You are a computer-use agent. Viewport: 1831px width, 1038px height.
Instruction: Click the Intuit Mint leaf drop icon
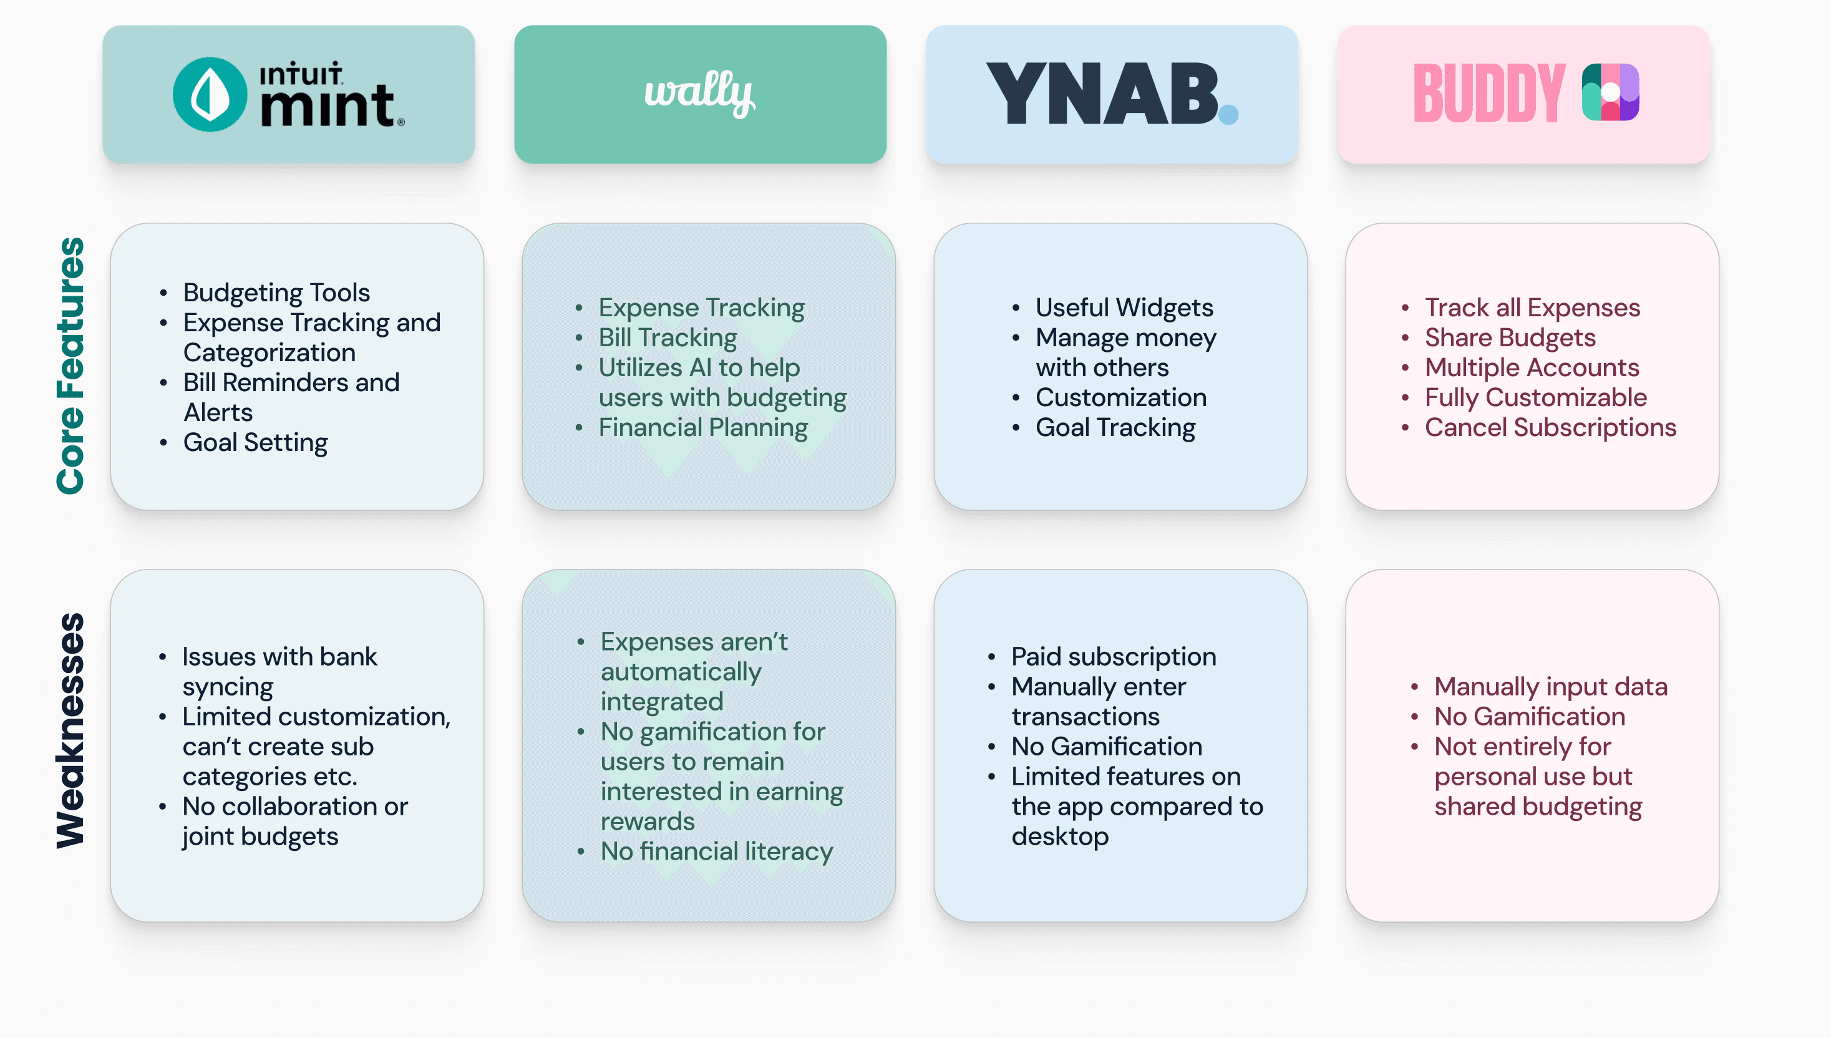point(210,94)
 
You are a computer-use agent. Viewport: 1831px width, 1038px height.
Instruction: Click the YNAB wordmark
point(1101,94)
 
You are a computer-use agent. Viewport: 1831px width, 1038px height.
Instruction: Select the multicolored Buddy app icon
point(1610,93)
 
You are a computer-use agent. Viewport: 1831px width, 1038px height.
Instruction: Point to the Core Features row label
point(70,365)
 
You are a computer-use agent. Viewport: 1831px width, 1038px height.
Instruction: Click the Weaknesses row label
point(70,730)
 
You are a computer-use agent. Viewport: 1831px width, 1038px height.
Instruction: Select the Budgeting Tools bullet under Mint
point(276,293)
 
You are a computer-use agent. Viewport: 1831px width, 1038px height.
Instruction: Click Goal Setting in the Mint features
point(255,442)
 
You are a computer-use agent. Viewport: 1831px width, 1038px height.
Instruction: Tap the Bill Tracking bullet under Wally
point(667,337)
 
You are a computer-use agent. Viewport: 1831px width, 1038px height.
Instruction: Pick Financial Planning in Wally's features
point(702,427)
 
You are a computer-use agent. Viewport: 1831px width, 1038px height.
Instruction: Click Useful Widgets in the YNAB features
point(1124,308)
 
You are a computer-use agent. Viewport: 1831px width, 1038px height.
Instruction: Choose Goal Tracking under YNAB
point(1115,427)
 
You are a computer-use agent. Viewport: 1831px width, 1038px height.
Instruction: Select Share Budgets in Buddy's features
point(1510,337)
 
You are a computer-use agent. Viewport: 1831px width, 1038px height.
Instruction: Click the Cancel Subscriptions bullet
point(1550,427)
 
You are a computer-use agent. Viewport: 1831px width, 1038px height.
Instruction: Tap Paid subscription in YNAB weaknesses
point(1114,656)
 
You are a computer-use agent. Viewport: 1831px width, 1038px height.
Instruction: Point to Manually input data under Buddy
point(1550,686)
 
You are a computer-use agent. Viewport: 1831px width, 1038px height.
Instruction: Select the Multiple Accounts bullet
point(1532,367)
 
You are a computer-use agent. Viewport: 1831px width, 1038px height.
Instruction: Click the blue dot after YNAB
point(1228,114)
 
